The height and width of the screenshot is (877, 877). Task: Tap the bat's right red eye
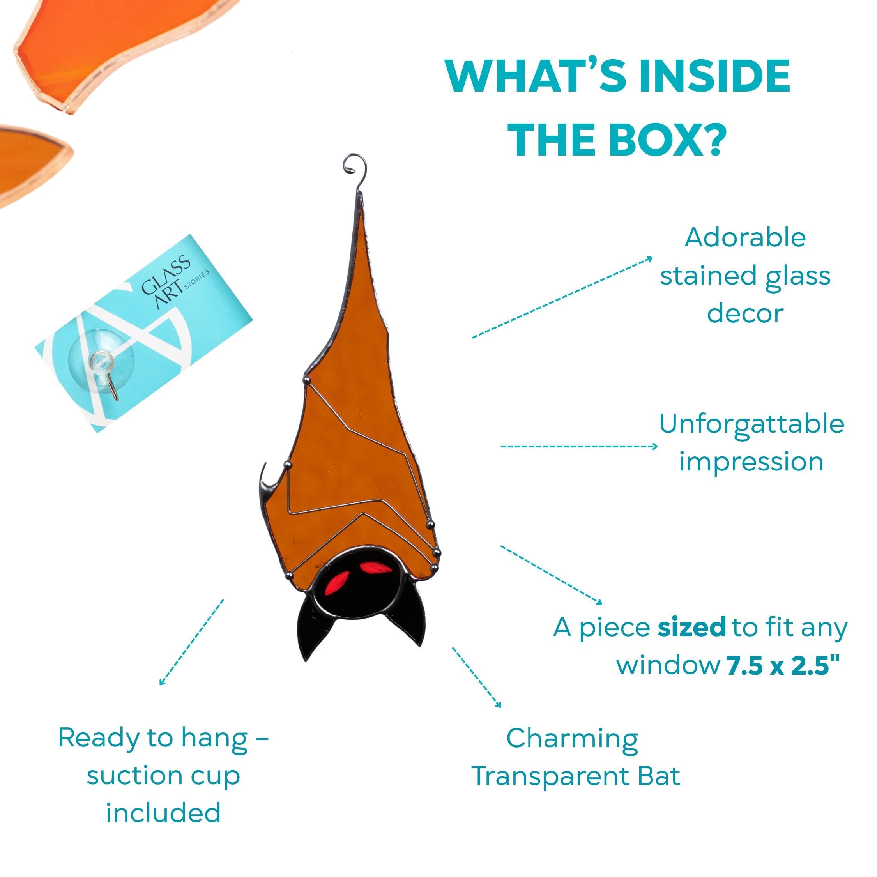pos(373,568)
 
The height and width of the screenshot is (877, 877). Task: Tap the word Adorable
pos(745,237)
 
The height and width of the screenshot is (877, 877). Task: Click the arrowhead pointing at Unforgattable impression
pos(654,446)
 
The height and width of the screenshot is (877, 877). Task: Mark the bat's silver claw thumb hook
pos(265,480)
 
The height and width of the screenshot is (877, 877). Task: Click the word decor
pos(745,314)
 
